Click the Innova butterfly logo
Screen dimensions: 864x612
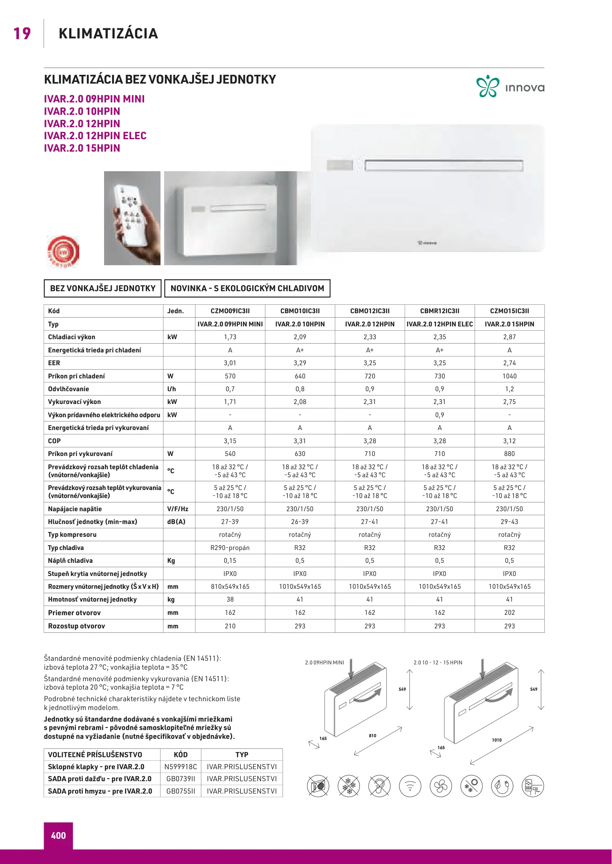488,86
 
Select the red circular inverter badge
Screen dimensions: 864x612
63,251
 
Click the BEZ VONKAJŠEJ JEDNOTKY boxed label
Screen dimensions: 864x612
102,288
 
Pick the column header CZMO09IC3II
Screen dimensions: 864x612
230,311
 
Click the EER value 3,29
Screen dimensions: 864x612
300,363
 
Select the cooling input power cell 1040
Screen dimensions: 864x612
509,376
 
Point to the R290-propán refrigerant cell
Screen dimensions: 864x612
230,548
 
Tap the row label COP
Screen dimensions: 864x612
54,441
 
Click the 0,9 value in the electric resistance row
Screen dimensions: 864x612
439,415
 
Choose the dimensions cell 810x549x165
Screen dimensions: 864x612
230,586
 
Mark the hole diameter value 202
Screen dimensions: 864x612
509,612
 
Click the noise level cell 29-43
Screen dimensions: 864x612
509,522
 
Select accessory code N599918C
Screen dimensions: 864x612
181,767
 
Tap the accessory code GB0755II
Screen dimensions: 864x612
181,791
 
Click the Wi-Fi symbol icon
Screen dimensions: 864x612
410,786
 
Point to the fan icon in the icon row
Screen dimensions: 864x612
441,786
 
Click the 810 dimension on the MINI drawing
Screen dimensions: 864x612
373,736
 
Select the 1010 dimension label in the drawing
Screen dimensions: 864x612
497,740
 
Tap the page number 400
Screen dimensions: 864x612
58,836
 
